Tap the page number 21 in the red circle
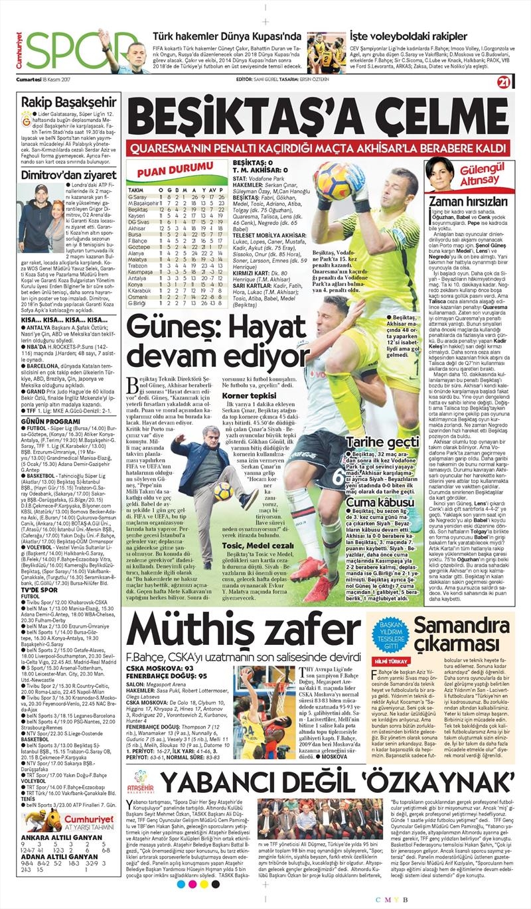click(x=503, y=82)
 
